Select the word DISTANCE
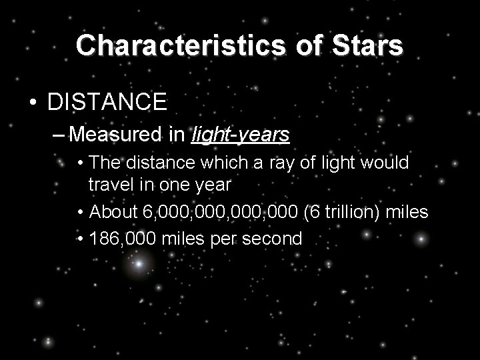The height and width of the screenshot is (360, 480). tap(107, 102)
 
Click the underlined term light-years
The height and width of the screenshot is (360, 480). tap(240, 135)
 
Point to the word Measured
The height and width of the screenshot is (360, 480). tap(117, 135)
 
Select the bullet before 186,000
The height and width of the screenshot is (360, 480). tap(80, 238)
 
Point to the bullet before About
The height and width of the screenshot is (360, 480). tap(80, 213)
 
